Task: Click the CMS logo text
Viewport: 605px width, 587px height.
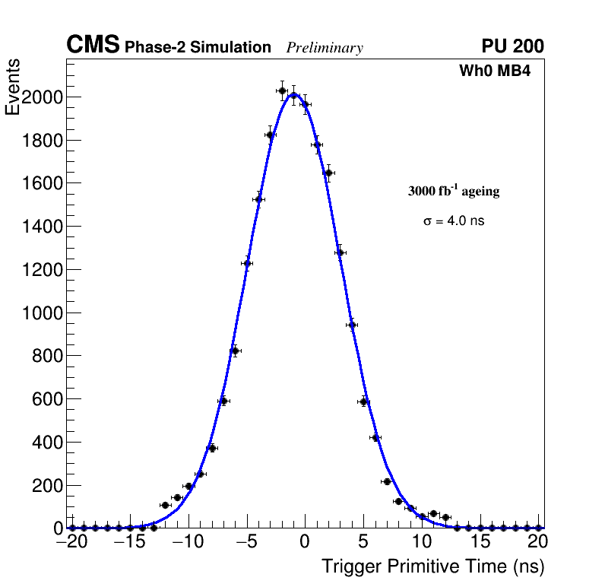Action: point(93,46)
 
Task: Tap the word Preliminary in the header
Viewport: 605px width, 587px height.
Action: point(325,48)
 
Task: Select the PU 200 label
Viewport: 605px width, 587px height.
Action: point(512,46)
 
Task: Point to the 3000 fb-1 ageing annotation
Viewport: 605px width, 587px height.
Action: point(454,192)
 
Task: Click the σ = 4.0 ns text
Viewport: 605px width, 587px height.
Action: point(454,221)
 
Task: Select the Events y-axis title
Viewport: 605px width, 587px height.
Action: point(13,87)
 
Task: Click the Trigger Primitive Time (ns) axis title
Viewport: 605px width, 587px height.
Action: point(432,566)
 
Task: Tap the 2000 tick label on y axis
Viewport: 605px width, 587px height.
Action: point(42,97)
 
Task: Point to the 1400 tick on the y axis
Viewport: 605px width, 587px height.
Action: point(42,227)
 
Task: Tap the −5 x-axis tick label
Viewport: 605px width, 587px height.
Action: point(247,542)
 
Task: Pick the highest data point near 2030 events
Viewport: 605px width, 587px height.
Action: point(282,91)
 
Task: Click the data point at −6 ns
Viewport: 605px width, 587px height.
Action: point(235,351)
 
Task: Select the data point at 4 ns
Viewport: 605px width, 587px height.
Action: point(352,325)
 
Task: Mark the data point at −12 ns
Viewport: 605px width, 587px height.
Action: point(165,505)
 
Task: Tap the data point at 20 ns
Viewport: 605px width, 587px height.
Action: point(538,528)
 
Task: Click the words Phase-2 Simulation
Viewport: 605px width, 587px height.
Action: point(198,48)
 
